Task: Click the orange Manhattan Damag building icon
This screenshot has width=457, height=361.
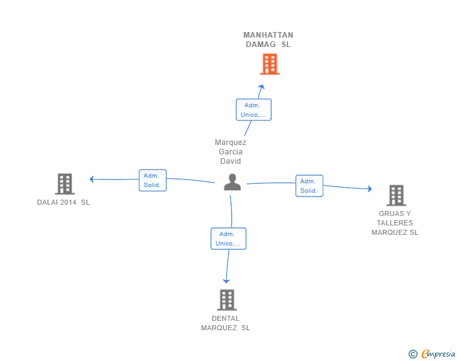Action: [269, 64]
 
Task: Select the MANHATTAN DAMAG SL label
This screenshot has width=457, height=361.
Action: [268, 40]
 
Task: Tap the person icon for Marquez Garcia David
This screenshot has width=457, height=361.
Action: [232, 182]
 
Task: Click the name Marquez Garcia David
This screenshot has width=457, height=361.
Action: [230, 152]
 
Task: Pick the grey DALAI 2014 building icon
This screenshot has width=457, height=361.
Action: [65, 184]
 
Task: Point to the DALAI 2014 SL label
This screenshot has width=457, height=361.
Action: [63, 202]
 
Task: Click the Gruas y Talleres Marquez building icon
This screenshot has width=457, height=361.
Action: [396, 195]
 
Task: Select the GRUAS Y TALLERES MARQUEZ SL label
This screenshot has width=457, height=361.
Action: [395, 223]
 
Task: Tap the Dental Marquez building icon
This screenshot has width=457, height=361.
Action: [227, 299]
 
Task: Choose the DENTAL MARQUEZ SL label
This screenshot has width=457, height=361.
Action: [225, 323]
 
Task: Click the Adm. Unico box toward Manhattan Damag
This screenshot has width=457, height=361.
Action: [254, 110]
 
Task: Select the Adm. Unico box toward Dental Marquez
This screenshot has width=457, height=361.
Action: [228, 239]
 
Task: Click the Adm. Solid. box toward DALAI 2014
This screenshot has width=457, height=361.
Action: [153, 180]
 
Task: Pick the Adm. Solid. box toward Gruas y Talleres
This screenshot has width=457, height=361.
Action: [309, 186]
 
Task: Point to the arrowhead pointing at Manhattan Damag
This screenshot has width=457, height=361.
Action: [262, 87]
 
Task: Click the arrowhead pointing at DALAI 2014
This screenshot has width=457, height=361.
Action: [92, 179]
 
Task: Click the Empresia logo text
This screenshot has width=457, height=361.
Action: [438, 354]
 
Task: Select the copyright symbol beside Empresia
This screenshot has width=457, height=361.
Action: [412, 354]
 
